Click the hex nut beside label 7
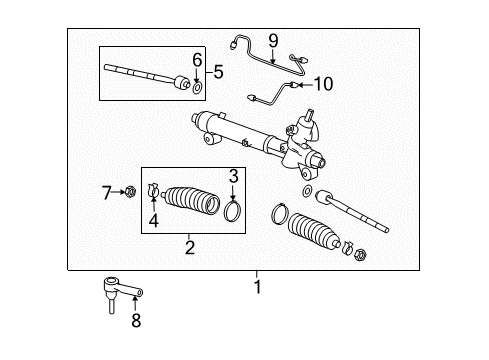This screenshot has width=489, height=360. click(x=130, y=190)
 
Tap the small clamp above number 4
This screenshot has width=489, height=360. click(x=154, y=189)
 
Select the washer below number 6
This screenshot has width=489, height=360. click(x=197, y=88)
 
